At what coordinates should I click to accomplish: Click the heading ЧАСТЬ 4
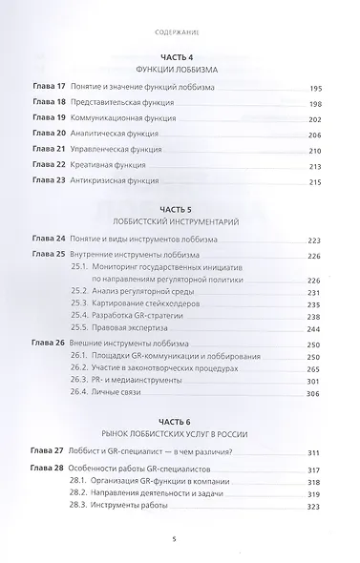(x=180, y=54)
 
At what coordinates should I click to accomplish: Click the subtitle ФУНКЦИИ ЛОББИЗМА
(x=180, y=69)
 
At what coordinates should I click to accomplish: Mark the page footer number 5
(x=180, y=540)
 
